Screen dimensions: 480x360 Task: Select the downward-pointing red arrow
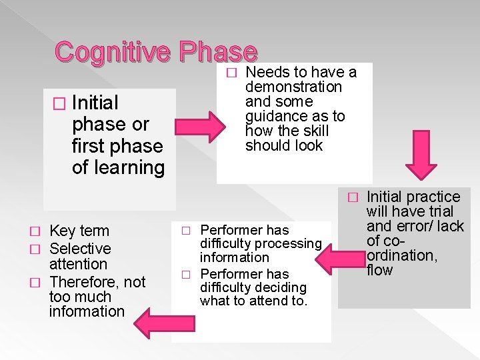(422, 159)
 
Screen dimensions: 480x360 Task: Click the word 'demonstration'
(293, 87)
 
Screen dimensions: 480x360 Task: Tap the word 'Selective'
(80, 249)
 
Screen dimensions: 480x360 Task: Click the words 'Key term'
(79, 231)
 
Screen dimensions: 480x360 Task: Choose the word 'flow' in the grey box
(381, 270)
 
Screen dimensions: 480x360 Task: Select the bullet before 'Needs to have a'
(231, 72)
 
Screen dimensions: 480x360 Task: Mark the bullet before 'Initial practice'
(354, 197)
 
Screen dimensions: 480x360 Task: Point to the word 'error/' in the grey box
(413, 226)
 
